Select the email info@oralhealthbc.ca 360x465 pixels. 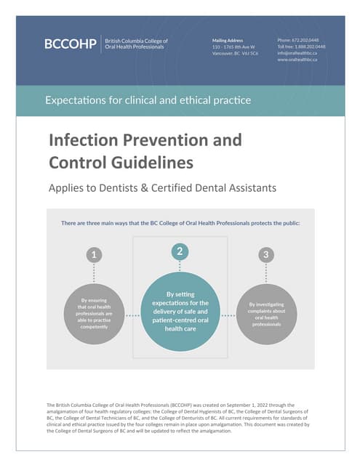297,52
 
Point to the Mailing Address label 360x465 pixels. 228,39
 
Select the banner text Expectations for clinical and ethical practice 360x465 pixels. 148,100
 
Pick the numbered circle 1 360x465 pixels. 93,254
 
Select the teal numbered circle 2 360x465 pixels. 180,251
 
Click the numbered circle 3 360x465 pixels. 266,254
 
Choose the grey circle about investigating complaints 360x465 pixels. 267,314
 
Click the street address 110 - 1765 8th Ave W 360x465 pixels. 233,46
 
